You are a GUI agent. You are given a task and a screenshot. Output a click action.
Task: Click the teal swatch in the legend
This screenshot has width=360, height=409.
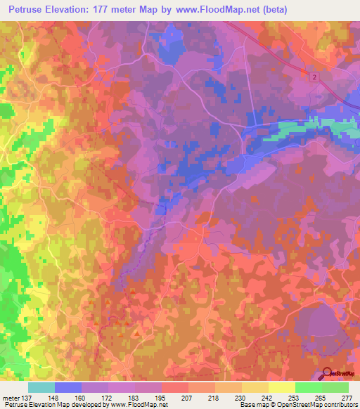coord(41,387)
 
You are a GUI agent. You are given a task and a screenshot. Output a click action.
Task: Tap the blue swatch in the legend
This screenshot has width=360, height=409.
coord(68,387)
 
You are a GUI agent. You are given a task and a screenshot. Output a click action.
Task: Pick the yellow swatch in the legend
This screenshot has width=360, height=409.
coord(281,387)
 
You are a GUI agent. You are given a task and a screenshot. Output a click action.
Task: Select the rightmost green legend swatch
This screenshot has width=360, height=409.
coord(335,387)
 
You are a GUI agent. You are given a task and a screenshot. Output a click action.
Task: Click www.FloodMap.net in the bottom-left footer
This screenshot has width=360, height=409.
coord(136,404)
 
